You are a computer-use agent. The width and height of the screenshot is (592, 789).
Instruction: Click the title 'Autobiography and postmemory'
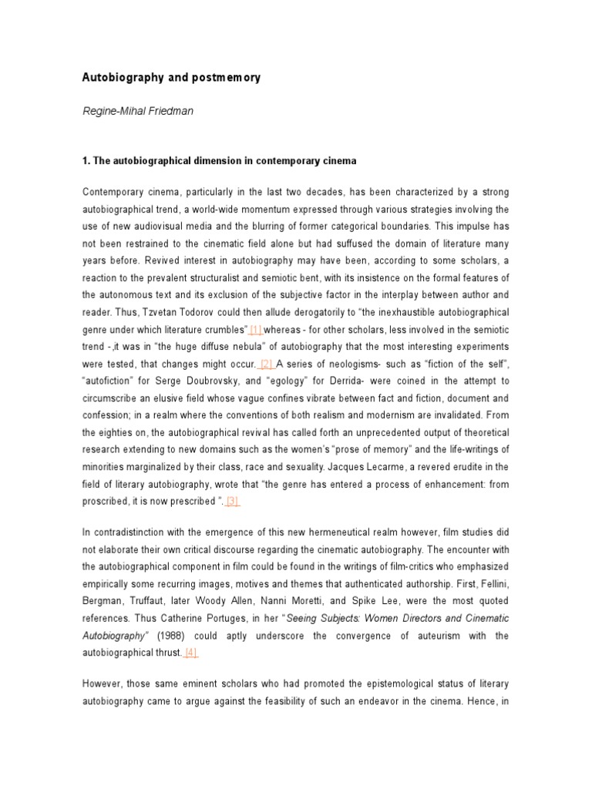pos(171,78)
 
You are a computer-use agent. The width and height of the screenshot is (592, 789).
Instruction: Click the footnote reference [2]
pos(267,364)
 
